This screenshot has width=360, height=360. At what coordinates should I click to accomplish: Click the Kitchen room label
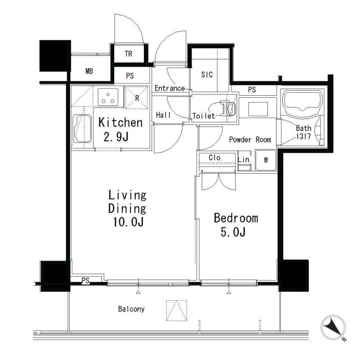(120, 122)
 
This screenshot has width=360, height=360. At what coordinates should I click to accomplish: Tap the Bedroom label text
(236, 218)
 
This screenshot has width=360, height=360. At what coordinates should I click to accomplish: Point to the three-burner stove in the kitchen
(108, 97)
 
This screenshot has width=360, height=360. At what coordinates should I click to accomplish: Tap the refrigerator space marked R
(137, 98)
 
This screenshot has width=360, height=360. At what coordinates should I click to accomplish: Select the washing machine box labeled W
(266, 160)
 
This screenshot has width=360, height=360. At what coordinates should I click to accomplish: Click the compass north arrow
(333, 327)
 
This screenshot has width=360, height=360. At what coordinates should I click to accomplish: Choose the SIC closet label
(207, 74)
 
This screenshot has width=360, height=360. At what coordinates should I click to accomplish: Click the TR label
(129, 54)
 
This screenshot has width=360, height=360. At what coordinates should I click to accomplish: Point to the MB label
(89, 71)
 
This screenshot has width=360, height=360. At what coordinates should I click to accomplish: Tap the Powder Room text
(250, 140)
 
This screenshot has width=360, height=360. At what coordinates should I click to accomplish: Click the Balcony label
(131, 309)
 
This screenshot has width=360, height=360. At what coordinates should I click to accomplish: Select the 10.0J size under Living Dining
(128, 222)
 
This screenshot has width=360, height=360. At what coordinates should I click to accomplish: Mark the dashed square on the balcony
(177, 310)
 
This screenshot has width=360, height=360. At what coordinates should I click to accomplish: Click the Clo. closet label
(215, 158)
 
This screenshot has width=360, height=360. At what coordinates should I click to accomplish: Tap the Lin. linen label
(244, 159)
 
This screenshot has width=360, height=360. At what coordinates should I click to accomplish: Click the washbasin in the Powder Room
(258, 109)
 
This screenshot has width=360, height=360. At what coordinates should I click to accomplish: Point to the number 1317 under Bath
(303, 136)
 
